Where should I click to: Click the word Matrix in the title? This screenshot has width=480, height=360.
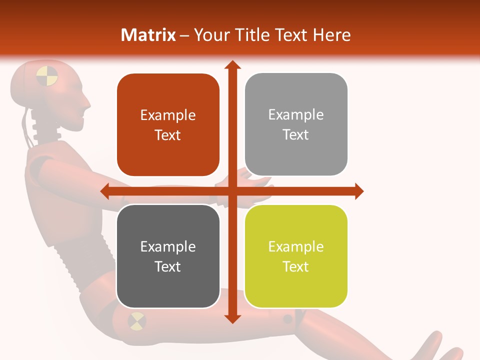coord(148,35)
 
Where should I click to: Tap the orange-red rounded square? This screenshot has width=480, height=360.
coord(168,125)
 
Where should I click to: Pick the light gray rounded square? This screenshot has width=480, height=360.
coord(296,124)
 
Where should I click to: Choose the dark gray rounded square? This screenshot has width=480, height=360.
coord(168,256)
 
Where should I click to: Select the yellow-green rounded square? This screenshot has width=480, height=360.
coord(296,256)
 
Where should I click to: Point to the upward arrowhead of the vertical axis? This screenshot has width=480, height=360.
coord(232,65)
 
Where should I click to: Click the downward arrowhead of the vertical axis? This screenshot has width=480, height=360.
coord(232,318)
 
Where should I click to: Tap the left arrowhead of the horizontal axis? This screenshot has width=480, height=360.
coord(105,191)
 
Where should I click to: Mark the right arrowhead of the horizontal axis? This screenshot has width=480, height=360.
coord(358,191)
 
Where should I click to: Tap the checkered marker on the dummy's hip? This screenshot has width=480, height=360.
coord(136,321)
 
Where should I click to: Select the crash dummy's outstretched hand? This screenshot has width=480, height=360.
coord(252,177)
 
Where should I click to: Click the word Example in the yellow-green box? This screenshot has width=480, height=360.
coord(296,246)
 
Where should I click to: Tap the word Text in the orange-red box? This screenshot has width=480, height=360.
coord(168,135)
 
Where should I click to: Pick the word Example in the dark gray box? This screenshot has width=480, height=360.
coord(168,246)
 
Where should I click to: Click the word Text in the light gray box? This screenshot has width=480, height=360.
coord(296,134)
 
